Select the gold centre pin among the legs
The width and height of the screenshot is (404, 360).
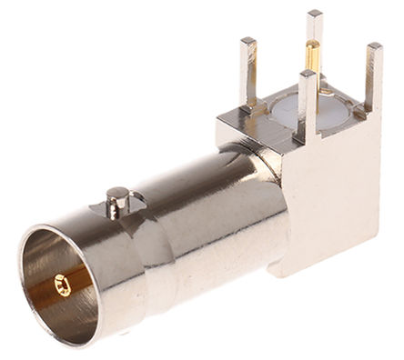[313, 68]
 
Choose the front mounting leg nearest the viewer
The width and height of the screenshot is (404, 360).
[306, 109]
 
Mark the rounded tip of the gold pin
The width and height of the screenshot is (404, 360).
[313, 45]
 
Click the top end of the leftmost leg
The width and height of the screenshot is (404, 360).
[248, 41]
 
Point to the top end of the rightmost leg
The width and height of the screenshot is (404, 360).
[373, 47]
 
